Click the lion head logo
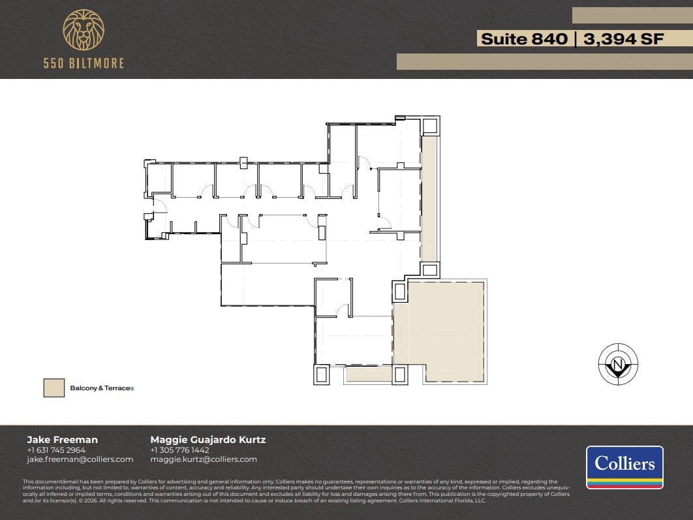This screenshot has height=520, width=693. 83,31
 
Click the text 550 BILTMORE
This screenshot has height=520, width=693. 84,63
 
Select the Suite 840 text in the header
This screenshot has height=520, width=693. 524,38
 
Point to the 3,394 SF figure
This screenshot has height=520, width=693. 624,38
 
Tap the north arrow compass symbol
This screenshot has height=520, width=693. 618,364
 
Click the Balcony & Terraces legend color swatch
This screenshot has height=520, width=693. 54,388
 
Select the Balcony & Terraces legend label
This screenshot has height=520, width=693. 102,388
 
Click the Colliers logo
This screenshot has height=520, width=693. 624,467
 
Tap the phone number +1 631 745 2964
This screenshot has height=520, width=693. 56,450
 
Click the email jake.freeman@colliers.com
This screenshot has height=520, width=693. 80,459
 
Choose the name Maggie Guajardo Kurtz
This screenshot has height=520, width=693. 208,439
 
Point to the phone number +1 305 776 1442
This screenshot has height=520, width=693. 179,450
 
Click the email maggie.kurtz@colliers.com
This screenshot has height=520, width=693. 204,459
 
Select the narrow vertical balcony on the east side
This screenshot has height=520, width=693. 429,198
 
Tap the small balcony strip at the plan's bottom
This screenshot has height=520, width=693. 368,374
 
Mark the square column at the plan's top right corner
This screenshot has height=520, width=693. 430,126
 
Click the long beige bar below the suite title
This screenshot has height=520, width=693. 544,61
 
